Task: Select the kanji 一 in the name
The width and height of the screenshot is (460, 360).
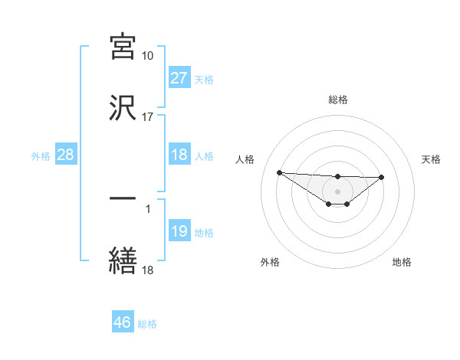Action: coord(123,198)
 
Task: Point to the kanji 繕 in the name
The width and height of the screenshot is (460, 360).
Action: coord(123,260)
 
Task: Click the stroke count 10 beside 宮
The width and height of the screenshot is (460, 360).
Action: coord(147,56)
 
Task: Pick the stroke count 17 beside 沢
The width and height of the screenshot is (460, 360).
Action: coord(147,117)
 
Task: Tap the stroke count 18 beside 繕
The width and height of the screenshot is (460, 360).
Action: coord(147,270)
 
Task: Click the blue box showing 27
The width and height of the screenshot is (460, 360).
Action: coord(179,77)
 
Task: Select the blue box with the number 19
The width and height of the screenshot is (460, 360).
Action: coord(179,231)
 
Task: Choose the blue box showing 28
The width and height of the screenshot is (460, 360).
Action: coord(65,155)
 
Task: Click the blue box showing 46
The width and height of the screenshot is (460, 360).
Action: coord(123,322)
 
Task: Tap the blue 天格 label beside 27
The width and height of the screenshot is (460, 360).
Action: coord(203,79)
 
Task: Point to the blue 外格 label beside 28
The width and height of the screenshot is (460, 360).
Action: coord(41,156)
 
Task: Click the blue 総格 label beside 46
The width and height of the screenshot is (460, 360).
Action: coord(147,324)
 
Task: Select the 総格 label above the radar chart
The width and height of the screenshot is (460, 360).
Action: coord(337,100)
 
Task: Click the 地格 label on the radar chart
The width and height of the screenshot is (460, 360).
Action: coord(402,262)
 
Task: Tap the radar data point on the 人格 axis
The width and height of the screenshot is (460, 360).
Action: coord(279,172)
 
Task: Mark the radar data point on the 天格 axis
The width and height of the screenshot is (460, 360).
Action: coord(382,178)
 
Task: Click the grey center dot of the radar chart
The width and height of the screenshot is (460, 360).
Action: coord(337,191)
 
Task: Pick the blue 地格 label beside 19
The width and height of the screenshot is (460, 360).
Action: coord(203,233)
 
